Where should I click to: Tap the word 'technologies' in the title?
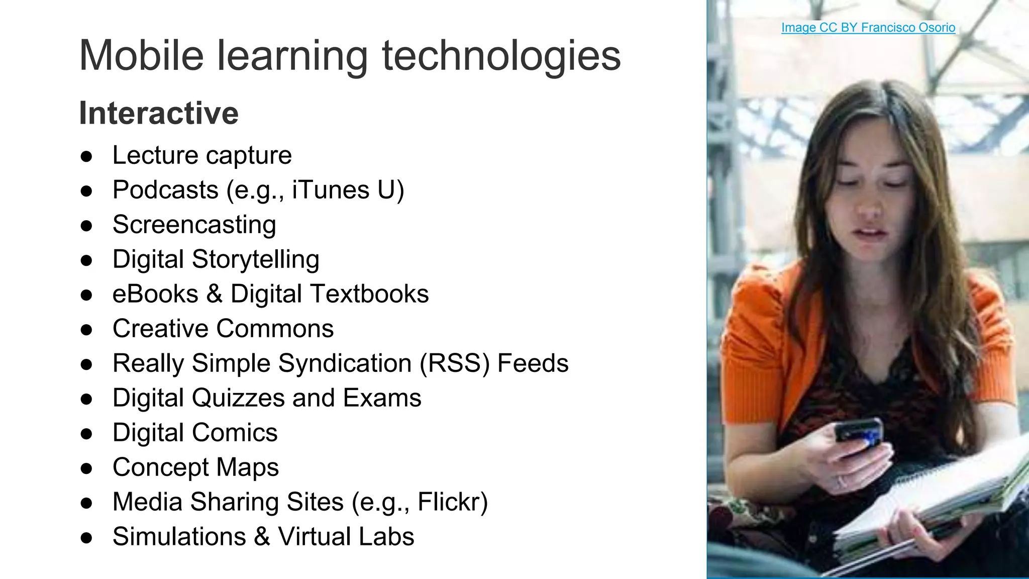tap(501, 56)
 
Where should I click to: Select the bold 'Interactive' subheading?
tap(159, 113)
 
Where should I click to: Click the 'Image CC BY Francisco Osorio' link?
tap(868, 28)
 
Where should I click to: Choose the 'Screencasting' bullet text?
tap(194, 225)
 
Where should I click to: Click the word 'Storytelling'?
tap(255, 260)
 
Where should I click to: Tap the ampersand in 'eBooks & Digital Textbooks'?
tap(214, 294)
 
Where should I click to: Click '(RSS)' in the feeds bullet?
tap(455, 363)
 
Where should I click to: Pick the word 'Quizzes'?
tap(238, 398)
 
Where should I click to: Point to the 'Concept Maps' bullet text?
tap(195, 467)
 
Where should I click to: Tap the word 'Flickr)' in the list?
tap(453, 502)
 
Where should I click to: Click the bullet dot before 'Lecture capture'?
tap(86, 156)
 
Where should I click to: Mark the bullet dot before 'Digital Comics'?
tap(86, 434)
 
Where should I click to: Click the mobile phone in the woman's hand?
tap(859, 432)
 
